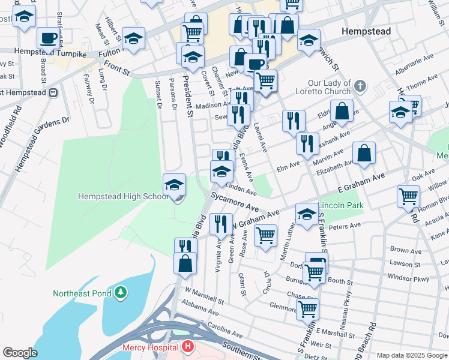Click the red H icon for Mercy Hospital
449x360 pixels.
click(x=188, y=347)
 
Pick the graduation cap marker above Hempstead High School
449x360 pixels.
click(x=175, y=184)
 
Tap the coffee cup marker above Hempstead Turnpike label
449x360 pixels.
click(x=48, y=37)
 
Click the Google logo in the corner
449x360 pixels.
click(x=20, y=353)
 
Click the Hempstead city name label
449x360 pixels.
click(x=365, y=31)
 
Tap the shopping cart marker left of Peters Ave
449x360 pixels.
click(x=265, y=235)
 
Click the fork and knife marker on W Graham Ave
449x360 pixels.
click(x=221, y=224)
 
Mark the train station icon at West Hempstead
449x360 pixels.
click(x=53, y=92)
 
